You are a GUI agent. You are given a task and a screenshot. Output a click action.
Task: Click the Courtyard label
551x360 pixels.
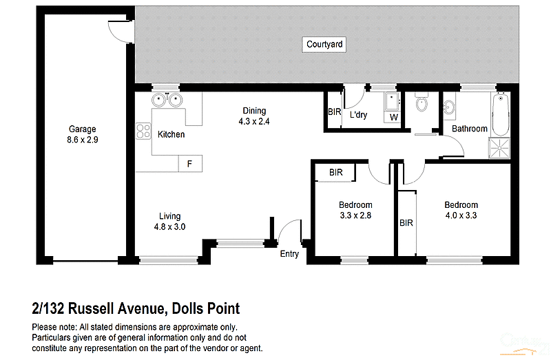[324, 45]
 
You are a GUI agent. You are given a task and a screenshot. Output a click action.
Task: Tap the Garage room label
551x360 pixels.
[82, 129]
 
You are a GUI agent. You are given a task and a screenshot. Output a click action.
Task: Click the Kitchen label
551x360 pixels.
[171, 134]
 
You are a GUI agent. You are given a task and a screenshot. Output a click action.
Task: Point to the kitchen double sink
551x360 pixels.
[167, 100]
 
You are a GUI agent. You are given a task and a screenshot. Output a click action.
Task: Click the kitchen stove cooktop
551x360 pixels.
[143, 131]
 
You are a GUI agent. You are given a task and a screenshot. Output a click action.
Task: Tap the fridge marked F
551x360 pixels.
[189, 165]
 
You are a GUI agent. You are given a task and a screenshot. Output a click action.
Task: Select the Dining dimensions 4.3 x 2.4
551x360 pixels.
[254, 121]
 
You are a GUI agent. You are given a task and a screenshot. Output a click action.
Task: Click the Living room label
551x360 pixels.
[169, 216]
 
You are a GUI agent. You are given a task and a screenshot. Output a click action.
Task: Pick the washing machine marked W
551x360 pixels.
[394, 118]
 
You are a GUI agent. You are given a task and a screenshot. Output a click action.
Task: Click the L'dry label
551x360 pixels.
[359, 115]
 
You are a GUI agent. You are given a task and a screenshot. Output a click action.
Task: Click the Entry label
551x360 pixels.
[289, 254]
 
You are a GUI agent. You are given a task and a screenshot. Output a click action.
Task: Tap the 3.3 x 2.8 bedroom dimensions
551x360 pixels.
[355, 215]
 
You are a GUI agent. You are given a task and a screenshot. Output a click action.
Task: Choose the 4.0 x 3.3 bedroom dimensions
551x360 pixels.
[461, 215]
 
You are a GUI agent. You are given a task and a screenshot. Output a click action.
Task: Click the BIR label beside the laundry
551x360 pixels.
[335, 112]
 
